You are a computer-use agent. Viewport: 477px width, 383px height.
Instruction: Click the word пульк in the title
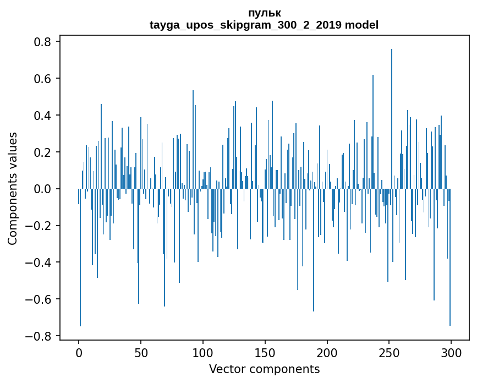(x=264, y=13)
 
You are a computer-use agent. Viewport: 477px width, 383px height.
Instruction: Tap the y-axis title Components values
(x=12, y=188)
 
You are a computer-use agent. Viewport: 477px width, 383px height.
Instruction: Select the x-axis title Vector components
(x=264, y=369)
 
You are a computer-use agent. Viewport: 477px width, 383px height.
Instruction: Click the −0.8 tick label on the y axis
(x=39, y=336)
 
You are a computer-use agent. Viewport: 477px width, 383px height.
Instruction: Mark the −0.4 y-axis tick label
(x=39, y=262)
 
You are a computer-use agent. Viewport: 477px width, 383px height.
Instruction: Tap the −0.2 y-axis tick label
(x=39, y=226)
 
